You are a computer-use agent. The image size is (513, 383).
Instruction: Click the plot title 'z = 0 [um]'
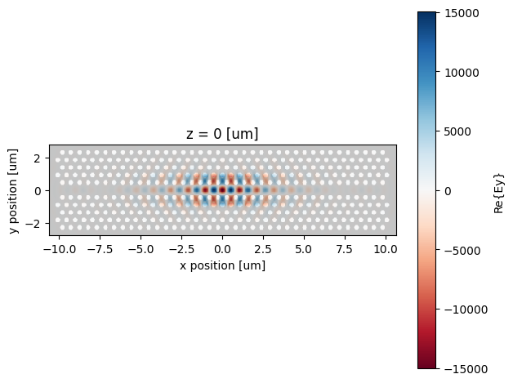pos(223,135)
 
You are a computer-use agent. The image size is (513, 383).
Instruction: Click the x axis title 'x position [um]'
pos(223,265)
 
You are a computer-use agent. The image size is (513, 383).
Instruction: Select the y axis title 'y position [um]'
pos(14,190)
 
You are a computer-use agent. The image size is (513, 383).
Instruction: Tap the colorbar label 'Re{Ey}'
pos(497,190)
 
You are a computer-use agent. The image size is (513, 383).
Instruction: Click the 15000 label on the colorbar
pos(460,13)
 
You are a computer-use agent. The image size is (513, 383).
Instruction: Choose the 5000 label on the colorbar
pos(457,131)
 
